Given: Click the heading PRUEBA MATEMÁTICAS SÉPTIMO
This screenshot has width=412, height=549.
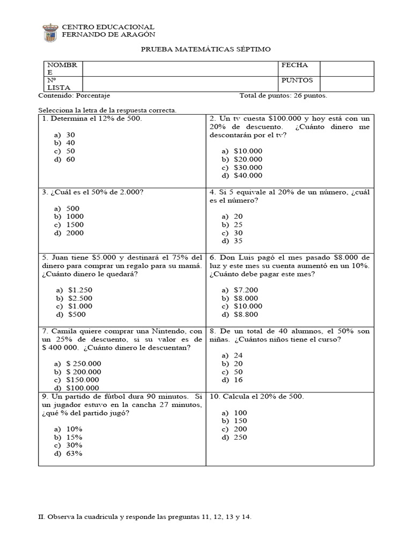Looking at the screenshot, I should (205, 49).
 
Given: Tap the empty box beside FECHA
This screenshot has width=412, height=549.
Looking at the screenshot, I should (347, 68).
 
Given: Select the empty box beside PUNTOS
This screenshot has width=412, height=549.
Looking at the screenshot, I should (347, 84).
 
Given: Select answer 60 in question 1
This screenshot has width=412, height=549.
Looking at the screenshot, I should (71, 159).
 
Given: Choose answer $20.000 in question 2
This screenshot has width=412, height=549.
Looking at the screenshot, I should (248, 159).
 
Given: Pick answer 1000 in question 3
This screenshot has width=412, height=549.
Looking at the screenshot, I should (75, 217).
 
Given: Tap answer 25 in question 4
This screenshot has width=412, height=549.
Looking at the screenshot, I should (238, 225).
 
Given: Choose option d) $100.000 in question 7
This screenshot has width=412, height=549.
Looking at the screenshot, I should (83, 388).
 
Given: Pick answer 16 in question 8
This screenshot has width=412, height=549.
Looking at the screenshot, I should (238, 380).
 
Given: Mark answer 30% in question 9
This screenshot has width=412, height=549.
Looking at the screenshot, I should (75, 445).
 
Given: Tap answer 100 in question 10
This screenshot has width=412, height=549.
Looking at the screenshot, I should (240, 413).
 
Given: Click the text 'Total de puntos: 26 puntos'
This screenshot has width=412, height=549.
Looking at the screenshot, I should (283, 96).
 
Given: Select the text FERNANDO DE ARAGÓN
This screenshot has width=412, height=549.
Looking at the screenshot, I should (108, 34).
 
